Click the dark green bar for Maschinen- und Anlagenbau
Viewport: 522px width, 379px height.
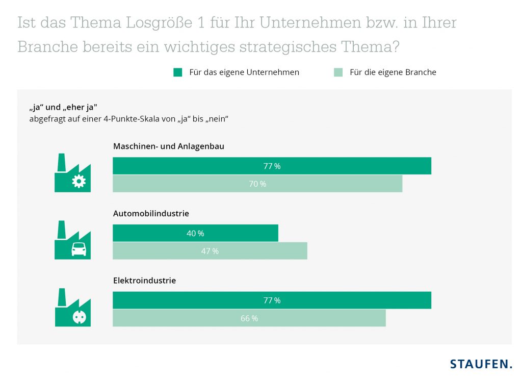click(x=272, y=166)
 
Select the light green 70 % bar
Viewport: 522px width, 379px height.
click(x=257, y=184)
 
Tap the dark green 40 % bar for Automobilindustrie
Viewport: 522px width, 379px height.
click(x=195, y=233)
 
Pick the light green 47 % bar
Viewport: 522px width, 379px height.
click(x=210, y=251)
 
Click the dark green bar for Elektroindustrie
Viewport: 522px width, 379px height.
click(x=272, y=300)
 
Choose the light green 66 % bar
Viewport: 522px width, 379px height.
click(x=249, y=318)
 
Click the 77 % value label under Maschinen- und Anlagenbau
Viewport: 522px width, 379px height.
click(x=272, y=166)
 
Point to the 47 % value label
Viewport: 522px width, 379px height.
click(x=210, y=251)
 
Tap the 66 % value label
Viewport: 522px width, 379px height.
click(x=249, y=318)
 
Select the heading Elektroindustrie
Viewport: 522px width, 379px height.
click(x=144, y=281)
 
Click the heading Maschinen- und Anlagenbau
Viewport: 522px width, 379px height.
click(x=168, y=146)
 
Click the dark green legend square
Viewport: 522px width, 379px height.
click(x=177, y=72)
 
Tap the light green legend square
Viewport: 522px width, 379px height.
click(x=338, y=72)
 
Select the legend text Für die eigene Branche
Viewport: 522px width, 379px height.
click(x=393, y=72)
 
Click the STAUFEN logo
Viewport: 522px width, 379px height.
click(x=481, y=364)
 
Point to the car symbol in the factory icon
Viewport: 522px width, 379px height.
click(x=79, y=249)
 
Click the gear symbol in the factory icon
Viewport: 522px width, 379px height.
click(x=79, y=182)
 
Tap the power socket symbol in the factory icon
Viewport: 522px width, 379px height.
click(x=79, y=317)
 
